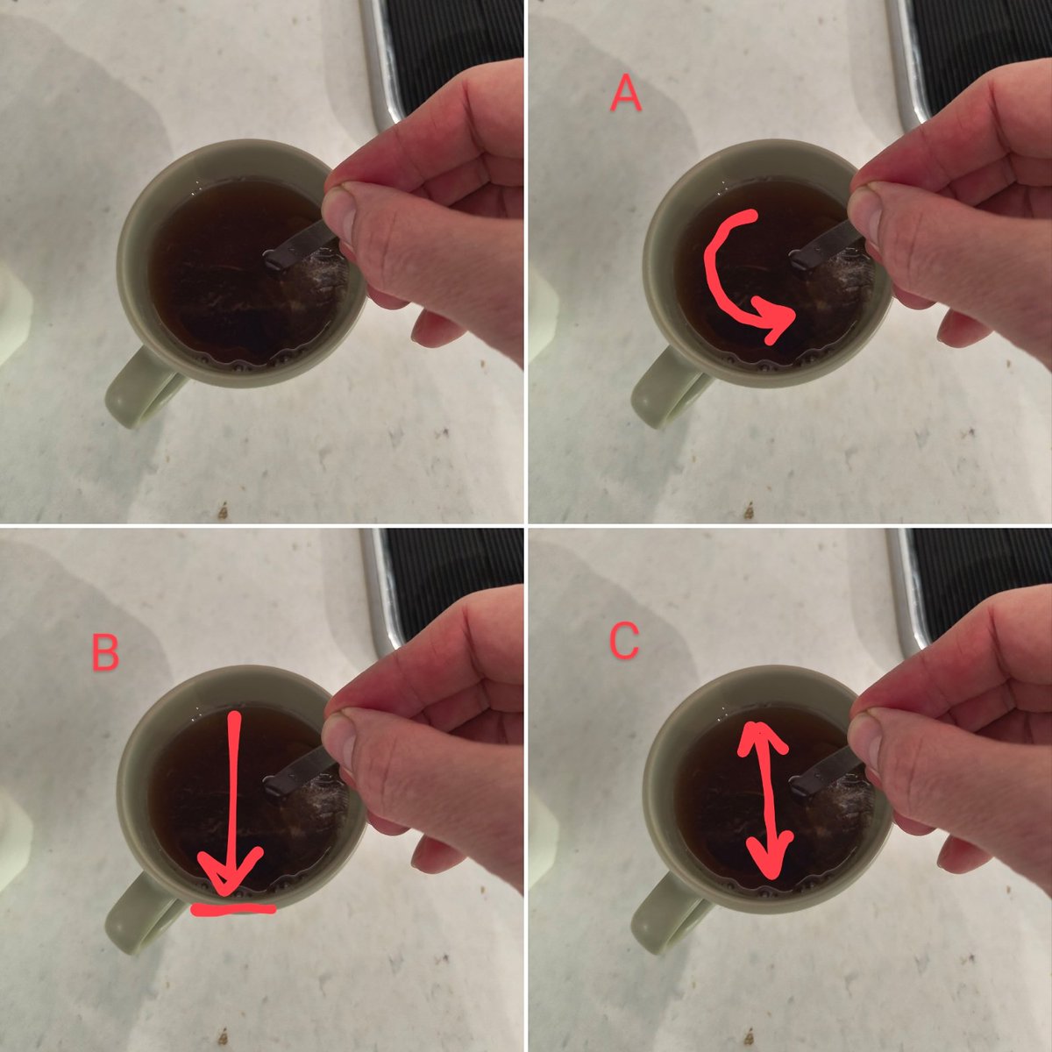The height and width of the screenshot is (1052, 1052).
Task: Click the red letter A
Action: pos(626,93)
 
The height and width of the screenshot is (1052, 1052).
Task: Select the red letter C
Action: pos(623,641)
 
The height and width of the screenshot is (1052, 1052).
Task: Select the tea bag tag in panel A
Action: pos(826,246)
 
